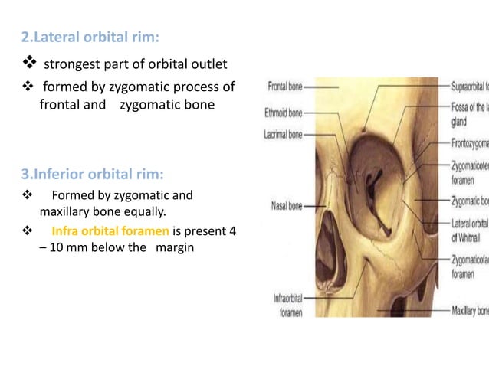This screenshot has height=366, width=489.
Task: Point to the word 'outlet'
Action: (x=207, y=64)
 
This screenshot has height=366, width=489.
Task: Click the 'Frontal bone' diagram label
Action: (x=286, y=88)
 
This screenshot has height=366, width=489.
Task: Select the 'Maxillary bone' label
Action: (x=470, y=311)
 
